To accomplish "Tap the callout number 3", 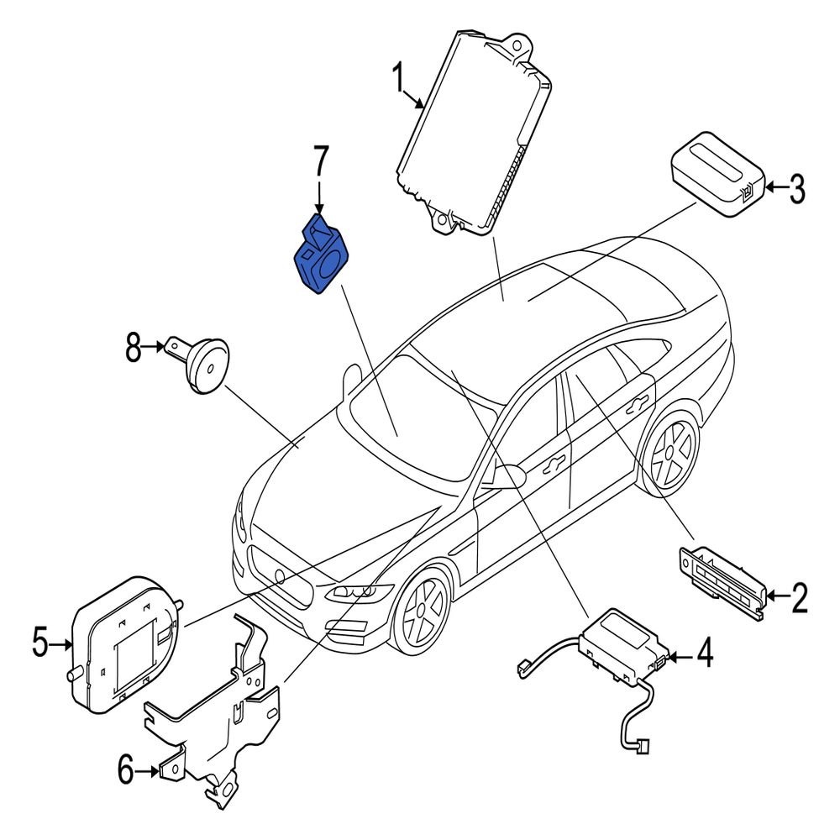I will [795, 189].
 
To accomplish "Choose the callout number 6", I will [124, 769].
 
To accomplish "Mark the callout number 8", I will [134, 346].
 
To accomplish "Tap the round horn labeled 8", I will [206, 362].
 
